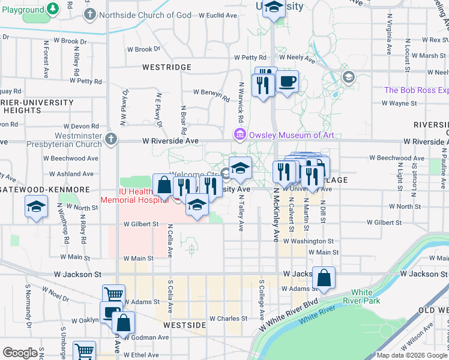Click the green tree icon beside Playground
click(x=53, y=8)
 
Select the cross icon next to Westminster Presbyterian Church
click(x=110, y=140)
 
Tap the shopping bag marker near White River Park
click(x=324, y=278)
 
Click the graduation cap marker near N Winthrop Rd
click(x=37, y=208)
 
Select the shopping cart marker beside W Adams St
click(x=113, y=295)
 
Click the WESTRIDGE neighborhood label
click(x=167, y=67)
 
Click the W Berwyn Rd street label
click(x=211, y=92)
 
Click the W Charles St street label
click(x=228, y=319)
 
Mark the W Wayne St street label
click(x=399, y=103)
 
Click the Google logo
click(x=20, y=353)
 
